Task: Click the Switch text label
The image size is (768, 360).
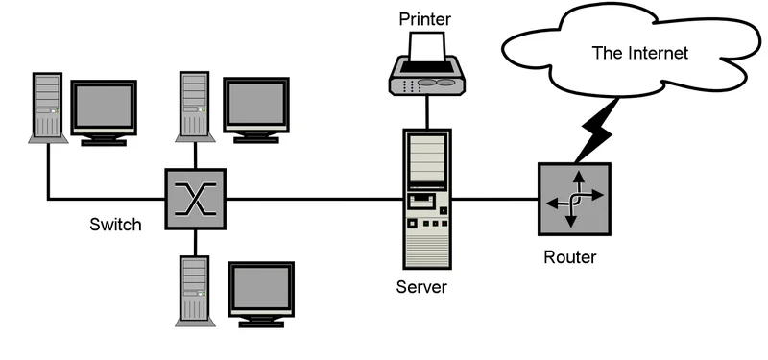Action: point(115,226)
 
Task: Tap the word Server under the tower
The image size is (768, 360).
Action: point(421,287)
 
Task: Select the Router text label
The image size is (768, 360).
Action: point(569,257)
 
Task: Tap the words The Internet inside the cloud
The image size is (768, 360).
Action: point(639,53)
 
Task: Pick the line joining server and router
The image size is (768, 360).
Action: point(493,200)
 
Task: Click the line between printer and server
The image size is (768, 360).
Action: point(426,110)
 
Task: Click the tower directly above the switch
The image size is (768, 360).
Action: point(195,104)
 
